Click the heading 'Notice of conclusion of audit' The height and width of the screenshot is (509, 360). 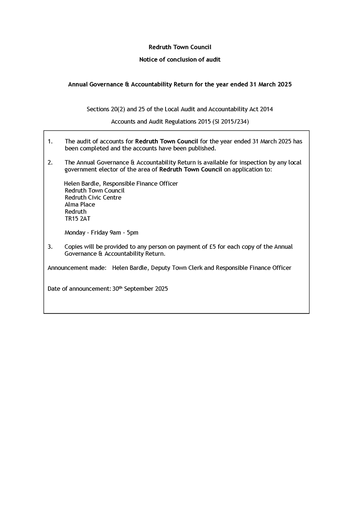coord(180,60)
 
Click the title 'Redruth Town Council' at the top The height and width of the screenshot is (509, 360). coord(180,47)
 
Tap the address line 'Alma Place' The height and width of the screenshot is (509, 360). coord(80,204)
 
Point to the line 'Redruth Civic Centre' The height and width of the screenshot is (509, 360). coord(93,198)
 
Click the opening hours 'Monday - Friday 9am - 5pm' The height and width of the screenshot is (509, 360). coord(101,233)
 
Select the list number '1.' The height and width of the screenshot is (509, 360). coord(50,141)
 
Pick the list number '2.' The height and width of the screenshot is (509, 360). coord(50,162)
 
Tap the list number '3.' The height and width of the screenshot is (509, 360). coord(50,247)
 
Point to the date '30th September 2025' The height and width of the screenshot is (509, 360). coord(140,289)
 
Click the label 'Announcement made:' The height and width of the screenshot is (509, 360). coord(77,268)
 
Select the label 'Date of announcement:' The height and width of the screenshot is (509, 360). coord(79,289)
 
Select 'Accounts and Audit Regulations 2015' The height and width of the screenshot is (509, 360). coord(161,122)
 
